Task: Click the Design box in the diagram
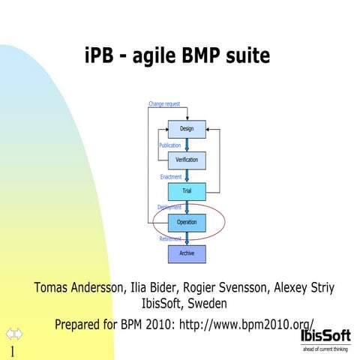[186, 129]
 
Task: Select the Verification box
[186, 160]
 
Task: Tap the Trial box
[186, 191]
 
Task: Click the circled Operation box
[186, 222]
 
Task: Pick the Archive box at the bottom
[186, 253]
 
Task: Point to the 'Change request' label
[164, 103]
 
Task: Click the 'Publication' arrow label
[169, 145]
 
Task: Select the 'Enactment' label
[171, 176]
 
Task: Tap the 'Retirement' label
[170, 238]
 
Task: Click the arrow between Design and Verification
[187, 145]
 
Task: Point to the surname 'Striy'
[319, 288]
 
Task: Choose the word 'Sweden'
[207, 304]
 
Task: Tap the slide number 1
[12, 352]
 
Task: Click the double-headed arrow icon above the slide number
[14, 333]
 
